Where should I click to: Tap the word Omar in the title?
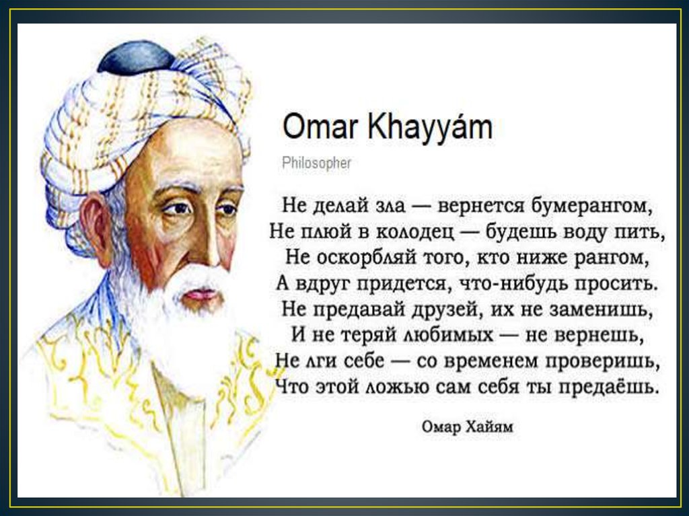(320, 128)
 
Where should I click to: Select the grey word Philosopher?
(316, 163)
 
